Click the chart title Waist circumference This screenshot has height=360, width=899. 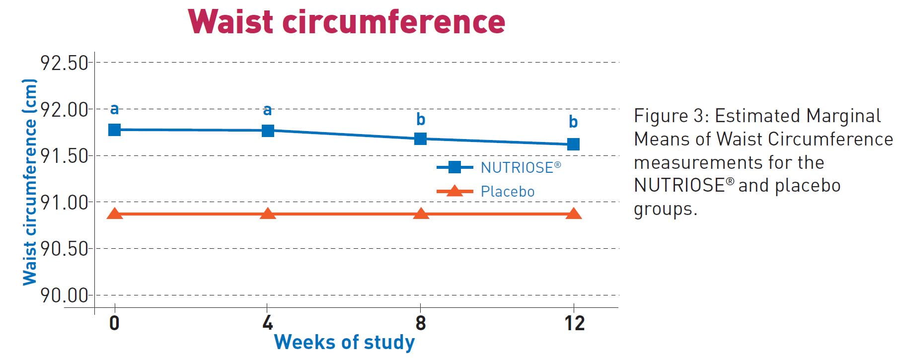coord(347,22)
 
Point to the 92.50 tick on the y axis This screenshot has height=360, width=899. coord(64,63)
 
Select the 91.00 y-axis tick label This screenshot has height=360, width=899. coord(64,202)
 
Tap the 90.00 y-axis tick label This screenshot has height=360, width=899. coord(64,295)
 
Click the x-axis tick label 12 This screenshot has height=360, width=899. coord(574,323)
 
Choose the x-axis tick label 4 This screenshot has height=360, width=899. coord(268,323)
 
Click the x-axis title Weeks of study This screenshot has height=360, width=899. coord(344,343)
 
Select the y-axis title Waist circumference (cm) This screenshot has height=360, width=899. coord(30,182)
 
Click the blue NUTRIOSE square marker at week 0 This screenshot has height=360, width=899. coord(115,130)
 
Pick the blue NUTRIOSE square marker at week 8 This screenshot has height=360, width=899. coord(421,139)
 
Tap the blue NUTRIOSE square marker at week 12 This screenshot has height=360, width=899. coord(574,144)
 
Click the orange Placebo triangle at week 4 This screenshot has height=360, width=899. coord(268,214)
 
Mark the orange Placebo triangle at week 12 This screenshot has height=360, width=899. coord(574,214)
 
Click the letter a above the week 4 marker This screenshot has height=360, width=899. coord(268,110)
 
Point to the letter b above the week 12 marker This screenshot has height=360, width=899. coord(573,121)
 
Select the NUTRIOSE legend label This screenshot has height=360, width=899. coord(521,167)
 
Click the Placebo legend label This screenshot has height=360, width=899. coord(508,191)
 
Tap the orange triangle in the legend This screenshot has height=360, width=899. coord(454,191)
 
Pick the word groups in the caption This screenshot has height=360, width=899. coord(666,210)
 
